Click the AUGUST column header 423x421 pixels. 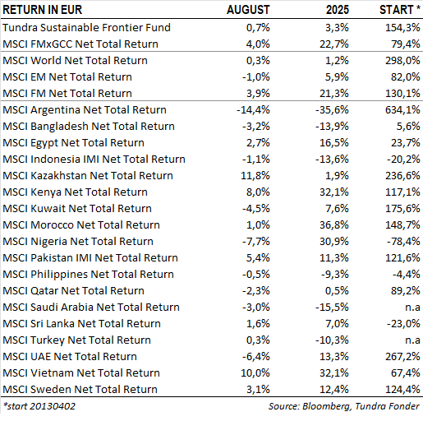tap(248, 10)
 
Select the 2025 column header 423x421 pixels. tap(338, 10)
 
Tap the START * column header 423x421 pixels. tap(400, 10)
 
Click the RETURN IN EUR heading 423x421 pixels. tap(43, 10)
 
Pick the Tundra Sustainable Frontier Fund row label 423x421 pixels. tap(86, 27)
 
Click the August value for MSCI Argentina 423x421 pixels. tap(253, 110)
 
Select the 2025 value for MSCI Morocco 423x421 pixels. tap(334, 225)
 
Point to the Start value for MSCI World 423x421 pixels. tap(402, 61)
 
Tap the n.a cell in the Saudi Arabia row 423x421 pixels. tap(412, 308)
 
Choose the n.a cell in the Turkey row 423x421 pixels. tap(412, 340)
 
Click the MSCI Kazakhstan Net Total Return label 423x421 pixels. tap(88, 176)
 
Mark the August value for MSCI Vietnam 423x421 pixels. tap(255, 373)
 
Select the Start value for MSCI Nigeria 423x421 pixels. tap(403, 242)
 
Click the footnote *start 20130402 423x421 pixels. tap(39, 406)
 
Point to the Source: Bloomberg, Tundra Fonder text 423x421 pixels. tap(344, 406)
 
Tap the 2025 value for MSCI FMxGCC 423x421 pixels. tap(334, 44)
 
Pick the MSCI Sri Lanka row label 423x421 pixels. tap(81, 324)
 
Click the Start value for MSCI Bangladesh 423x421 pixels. tap(408, 127)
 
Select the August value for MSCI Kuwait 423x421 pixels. tap(256, 209)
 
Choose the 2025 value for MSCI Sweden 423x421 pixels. tap(334, 390)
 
